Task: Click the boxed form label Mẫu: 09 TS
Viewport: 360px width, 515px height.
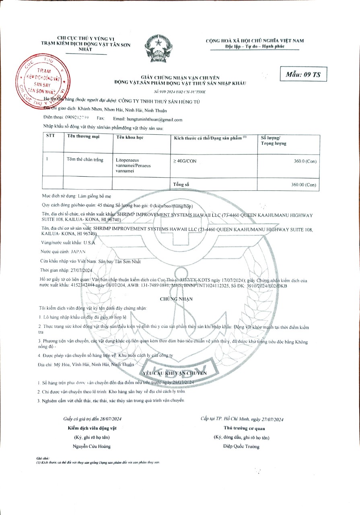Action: click(x=303, y=74)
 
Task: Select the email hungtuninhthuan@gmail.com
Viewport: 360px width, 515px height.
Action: click(x=154, y=119)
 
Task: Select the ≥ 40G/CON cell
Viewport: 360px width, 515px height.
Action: click(x=185, y=161)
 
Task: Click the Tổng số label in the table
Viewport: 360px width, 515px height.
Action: click(x=181, y=184)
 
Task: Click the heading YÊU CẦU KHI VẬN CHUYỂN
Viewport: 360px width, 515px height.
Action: click(x=174, y=373)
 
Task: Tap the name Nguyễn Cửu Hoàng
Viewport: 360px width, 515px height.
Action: click(x=91, y=446)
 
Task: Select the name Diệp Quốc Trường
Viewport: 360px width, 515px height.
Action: click(x=241, y=446)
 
